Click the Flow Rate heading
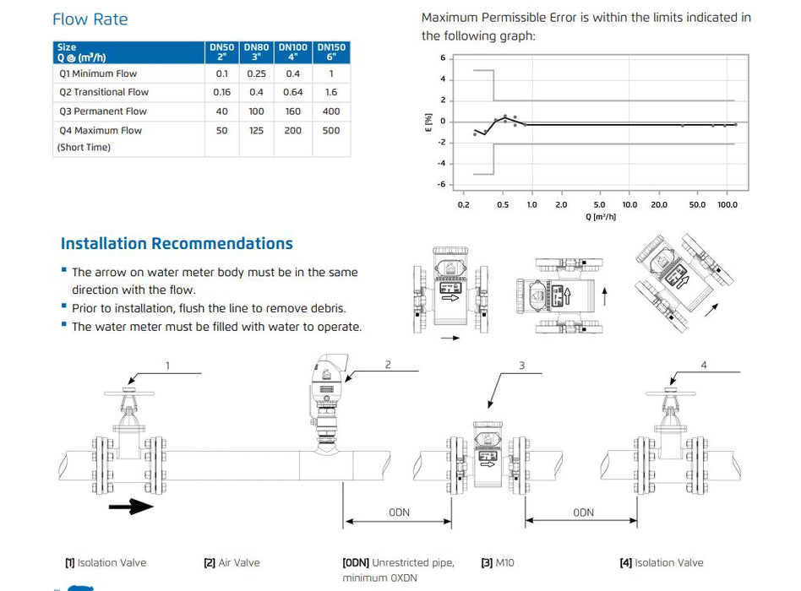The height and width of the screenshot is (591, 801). (90, 19)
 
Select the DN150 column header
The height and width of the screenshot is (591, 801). (331, 52)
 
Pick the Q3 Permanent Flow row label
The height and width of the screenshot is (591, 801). (103, 111)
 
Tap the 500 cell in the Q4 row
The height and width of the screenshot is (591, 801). (331, 131)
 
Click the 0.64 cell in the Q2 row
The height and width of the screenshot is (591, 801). (292, 92)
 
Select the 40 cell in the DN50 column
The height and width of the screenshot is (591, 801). (221, 111)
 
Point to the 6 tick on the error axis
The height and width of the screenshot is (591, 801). (443, 58)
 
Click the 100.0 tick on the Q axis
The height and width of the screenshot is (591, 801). (727, 205)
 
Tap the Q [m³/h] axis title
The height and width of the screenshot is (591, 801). (601, 217)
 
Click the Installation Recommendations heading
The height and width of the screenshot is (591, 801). (177, 244)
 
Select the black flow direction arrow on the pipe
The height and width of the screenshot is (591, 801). (130, 506)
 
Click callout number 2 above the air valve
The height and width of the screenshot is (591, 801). (387, 365)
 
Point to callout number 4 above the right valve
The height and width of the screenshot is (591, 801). (704, 366)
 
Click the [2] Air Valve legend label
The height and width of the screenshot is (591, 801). (232, 563)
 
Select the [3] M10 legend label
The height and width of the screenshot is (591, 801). (498, 563)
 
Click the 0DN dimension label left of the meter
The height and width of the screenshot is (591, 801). (399, 512)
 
